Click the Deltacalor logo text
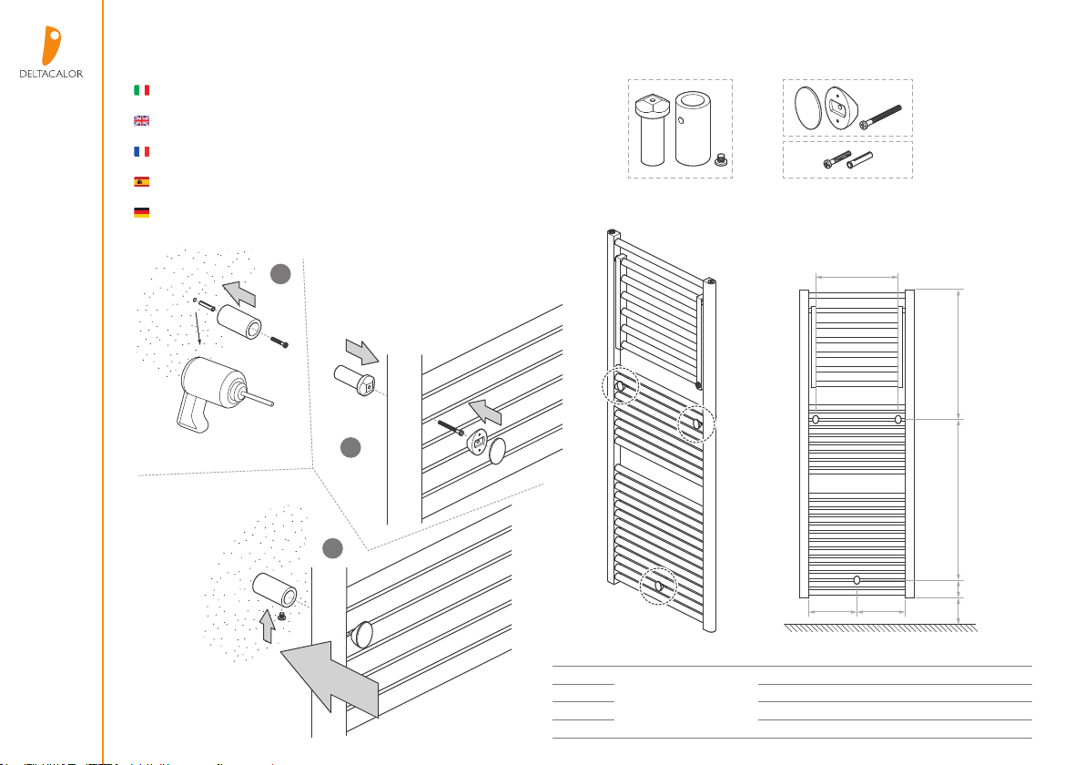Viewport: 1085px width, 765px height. (51, 74)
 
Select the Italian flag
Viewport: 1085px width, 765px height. (141, 90)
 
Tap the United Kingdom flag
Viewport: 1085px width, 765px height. (141, 120)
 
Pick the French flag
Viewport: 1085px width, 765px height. (141, 151)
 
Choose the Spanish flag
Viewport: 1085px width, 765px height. (141, 181)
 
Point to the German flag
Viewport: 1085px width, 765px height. (141, 212)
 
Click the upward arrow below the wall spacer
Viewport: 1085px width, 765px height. (267, 626)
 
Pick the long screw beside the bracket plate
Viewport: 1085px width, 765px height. (880, 117)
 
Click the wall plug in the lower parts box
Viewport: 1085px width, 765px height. (859, 160)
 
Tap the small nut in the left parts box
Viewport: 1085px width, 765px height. (720, 159)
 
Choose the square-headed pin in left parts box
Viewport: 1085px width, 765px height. (652, 130)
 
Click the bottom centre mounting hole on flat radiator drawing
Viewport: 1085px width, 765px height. (857, 579)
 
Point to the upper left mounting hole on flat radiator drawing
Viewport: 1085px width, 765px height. (816, 420)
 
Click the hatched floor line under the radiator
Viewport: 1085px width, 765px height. (881, 627)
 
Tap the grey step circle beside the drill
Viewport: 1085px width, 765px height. (280, 274)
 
